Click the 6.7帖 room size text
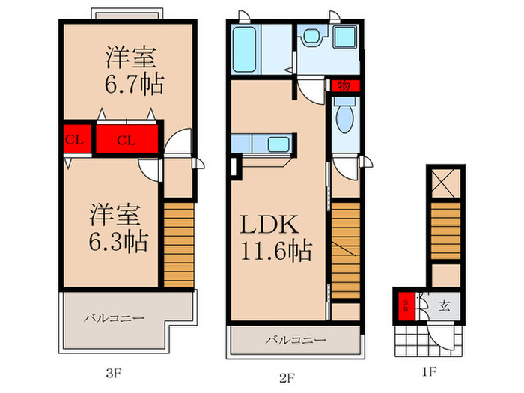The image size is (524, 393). point(135,81)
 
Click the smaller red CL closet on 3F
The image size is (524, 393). point(73,138)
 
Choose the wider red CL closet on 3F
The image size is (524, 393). point(125,138)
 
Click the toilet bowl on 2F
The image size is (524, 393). point(344,118)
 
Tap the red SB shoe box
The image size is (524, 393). point(406,305)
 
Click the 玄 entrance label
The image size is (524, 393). point(444,305)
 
